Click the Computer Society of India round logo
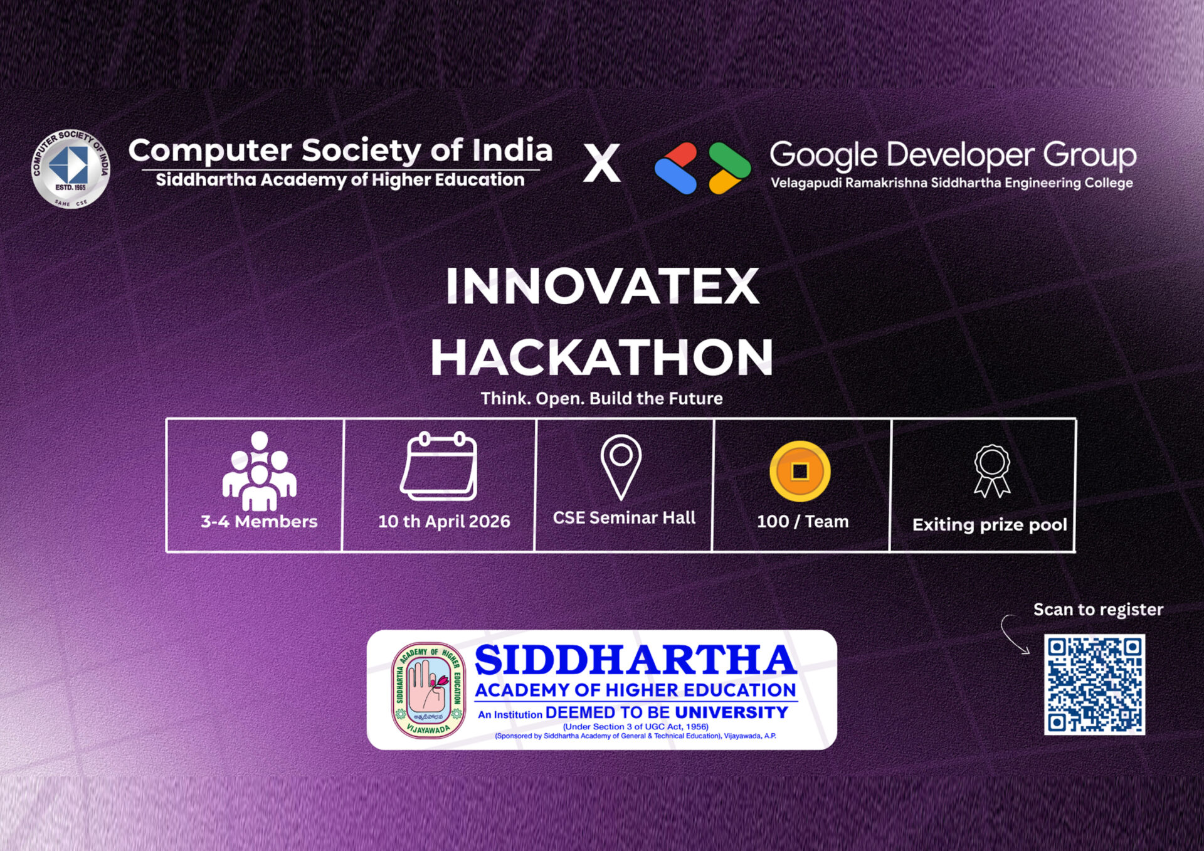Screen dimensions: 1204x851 pyautogui.click(x=71, y=169)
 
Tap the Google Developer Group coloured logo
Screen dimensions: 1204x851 pyautogui.click(x=702, y=168)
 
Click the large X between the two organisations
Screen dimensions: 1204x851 pyautogui.click(x=602, y=163)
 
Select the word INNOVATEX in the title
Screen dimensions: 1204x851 pyautogui.click(x=602, y=286)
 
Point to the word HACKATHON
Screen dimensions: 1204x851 pyautogui.click(x=602, y=357)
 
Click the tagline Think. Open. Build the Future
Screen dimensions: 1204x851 pyautogui.click(x=602, y=398)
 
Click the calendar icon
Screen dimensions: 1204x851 pyautogui.click(x=439, y=466)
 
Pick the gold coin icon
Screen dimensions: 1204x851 pyautogui.click(x=800, y=471)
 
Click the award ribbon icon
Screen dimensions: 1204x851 pyautogui.click(x=992, y=471)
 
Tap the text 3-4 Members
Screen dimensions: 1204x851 pyautogui.click(x=259, y=521)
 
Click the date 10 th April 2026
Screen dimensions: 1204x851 pyautogui.click(x=444, y=521)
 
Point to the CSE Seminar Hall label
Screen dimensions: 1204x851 pyautogui.click(x=624, y=517)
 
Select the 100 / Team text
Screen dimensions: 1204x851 pyautogui.click(x=803, y=521)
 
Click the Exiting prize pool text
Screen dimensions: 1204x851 pyautogui.click(x=990, y=524)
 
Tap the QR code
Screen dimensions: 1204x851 pyautogui.click(x=1094, y=684)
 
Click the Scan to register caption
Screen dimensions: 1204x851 pyautogui.click(x=1098, y=610)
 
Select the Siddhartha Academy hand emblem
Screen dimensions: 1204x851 pyautogui.click(x=429, y=690)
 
